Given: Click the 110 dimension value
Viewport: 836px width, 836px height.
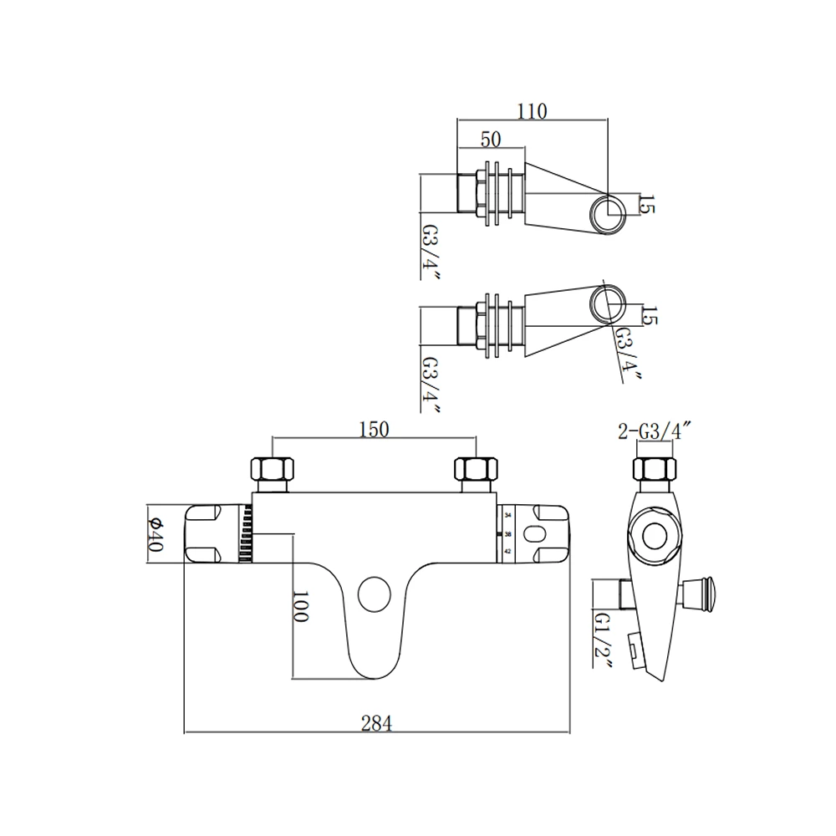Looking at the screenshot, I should click(x=531, y=111).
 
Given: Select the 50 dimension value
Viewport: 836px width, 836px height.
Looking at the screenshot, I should click(x=491, y=139).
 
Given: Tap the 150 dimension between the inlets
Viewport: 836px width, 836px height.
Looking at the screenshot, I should click(x=374, y=429).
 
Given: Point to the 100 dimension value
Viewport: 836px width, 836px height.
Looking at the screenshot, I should click(x=302, y=606).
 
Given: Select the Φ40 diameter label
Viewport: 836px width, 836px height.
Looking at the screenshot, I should click(x=156, y=533).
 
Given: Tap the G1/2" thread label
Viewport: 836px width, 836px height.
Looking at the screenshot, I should click(x=604, y=640).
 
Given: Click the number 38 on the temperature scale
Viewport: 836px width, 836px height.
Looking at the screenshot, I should click(x=508, y=533).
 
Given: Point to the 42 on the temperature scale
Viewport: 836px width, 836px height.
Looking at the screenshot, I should click(x=508, y=550).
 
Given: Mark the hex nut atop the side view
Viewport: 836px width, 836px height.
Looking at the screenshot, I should click(x=655, y=468).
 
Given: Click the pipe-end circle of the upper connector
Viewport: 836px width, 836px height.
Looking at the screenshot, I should click(x=608, y=212).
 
